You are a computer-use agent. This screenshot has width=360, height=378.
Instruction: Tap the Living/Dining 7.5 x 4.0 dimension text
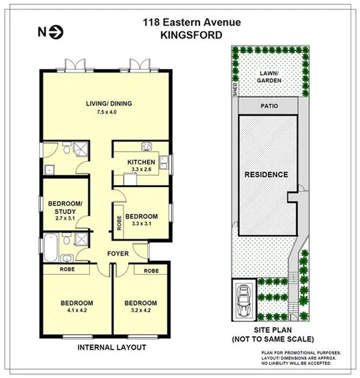tap(105, 112)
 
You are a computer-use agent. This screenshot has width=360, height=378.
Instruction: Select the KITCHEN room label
tap(141, 162)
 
